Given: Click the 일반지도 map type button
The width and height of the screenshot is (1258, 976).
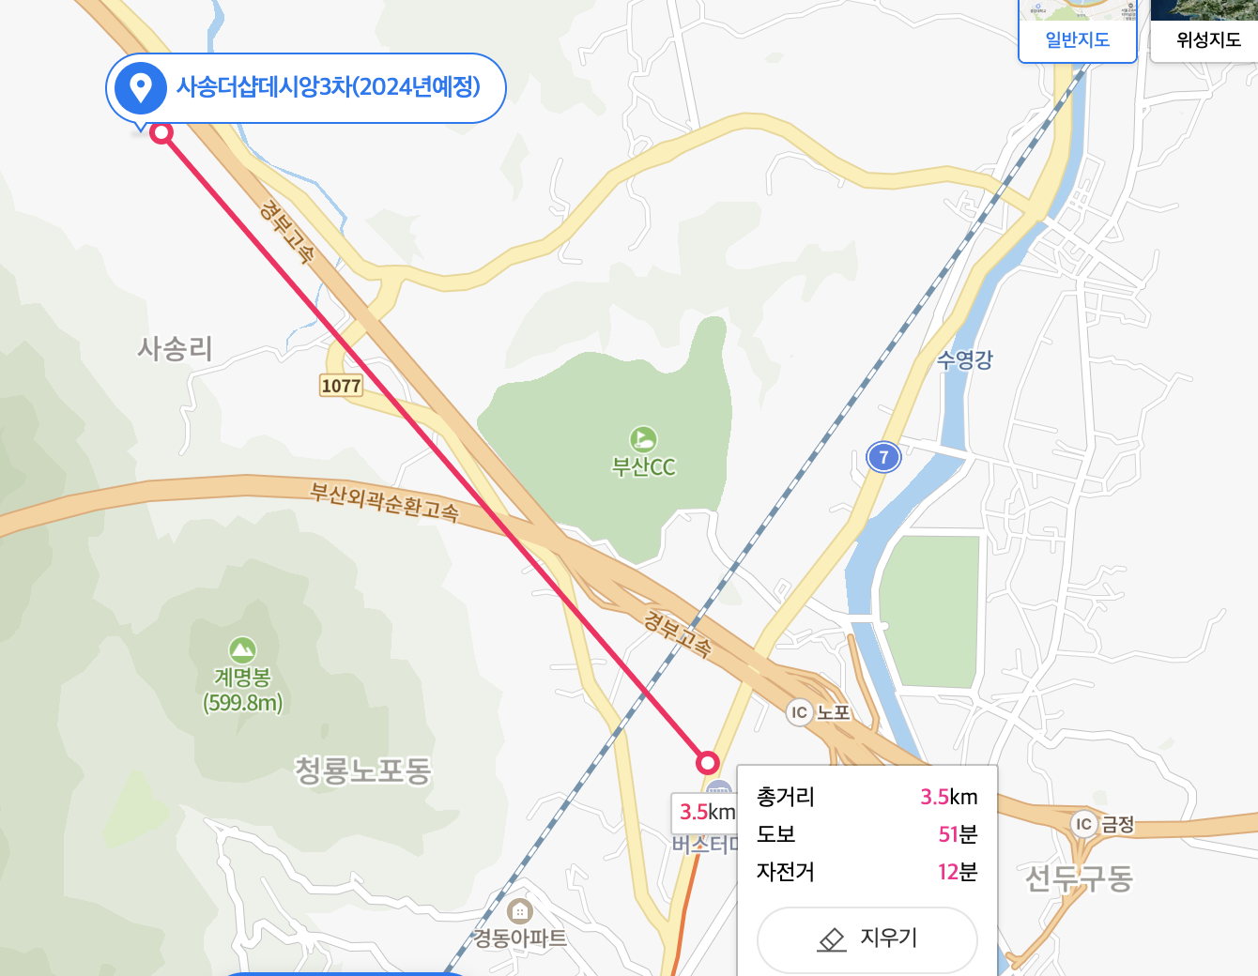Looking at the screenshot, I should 1078,39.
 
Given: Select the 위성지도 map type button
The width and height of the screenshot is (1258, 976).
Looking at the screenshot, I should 1208,39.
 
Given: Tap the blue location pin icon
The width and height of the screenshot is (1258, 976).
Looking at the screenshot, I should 140,88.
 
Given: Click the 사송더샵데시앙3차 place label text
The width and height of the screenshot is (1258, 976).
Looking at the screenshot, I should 328,87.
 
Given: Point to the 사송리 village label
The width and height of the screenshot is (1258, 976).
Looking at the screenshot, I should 176,349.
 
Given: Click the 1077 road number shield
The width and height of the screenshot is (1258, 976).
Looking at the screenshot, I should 341,386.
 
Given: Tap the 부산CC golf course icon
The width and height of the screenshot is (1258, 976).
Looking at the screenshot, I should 643,438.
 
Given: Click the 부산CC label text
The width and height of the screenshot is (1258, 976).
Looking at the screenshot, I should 643,466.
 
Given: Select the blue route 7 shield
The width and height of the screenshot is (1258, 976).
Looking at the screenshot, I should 882,457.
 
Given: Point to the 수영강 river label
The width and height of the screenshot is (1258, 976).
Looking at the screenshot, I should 964,359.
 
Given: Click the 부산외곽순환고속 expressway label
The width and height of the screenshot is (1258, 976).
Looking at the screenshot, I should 385,501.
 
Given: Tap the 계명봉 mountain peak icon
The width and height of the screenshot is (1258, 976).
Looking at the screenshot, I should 242,649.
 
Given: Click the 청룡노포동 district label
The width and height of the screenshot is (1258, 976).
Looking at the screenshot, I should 362,770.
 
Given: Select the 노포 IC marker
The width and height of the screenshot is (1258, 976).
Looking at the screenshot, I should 799,712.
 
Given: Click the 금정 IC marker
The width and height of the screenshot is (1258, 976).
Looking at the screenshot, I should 1084,824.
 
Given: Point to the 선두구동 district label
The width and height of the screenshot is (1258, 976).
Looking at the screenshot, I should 1079,878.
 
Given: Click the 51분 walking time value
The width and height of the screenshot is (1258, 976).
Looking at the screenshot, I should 958,834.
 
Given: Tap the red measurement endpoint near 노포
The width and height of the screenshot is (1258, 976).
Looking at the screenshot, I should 708,762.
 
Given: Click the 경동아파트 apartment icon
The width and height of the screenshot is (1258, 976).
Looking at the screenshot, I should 519,911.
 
